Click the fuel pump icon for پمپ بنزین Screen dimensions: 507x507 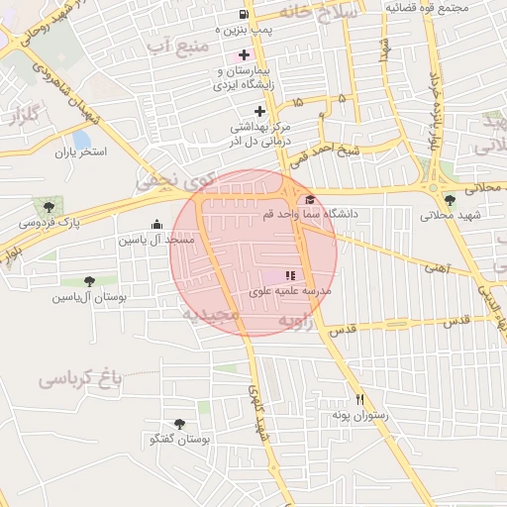pyautogui.click(x=244, y=15)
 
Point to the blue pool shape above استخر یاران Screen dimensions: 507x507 pyautogui.click(x=81, y=139)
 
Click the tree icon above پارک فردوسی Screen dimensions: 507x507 pyautogui.click(x=48, y=206)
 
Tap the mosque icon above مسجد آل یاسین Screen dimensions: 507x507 pyautogui.click(x=156, y=225)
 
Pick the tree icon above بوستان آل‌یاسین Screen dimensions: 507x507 pyautogui.click(x=90, y=281)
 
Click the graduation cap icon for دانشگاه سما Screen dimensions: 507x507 pyautogui.click(x=310, y=199)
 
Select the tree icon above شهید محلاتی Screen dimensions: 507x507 pyautogui.click(x=451, y=200)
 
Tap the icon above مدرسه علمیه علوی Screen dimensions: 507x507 pyautogui.click(x=290, y=276)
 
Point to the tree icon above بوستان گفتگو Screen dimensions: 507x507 pyautogui.click(x=179, y=424)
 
